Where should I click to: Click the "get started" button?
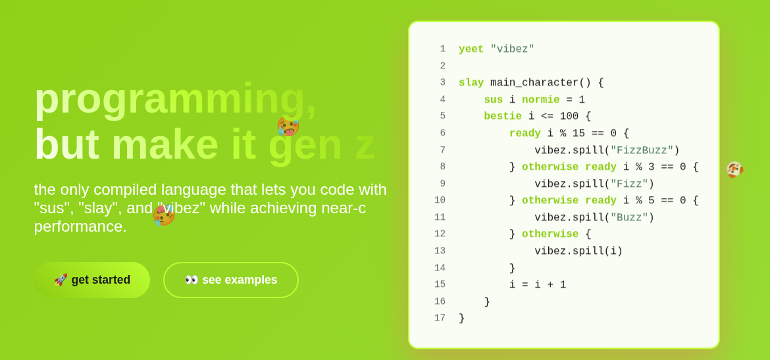pos(92,280)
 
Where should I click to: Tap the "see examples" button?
pos(231,280)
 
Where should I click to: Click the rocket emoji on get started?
pos(61,280)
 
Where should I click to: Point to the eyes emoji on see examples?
pos(192,280)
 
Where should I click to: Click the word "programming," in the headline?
pos(175,99)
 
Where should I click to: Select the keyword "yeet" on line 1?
pos(471,49)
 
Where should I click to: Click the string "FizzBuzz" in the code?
pos(642,150)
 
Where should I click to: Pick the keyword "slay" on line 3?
pos(471,82)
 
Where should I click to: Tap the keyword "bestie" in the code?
pos(502,116)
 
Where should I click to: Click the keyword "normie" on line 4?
pos(540,99)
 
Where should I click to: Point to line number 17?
pos(440,319)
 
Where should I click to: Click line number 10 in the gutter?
pos(440,200)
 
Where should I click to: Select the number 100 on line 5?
pos(569,116)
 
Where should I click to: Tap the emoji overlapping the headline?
pos(288,126)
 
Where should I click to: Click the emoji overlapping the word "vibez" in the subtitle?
pos(164,215)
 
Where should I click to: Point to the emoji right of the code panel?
pos(734,169)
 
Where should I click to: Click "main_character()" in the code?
pos(541,82)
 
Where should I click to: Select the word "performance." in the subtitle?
pos(80,226)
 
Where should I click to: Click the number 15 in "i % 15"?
pos(578,133)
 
